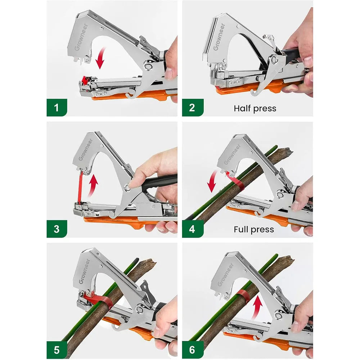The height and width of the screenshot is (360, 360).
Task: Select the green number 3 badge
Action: [x=57, y=229]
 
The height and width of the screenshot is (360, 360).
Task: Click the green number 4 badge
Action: [x=192, y=229]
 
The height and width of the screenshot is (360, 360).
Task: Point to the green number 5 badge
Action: [x=57, y=349]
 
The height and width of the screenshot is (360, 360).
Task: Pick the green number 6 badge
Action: [x=192, y=349]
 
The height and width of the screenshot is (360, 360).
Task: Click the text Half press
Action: [x=255, y=108]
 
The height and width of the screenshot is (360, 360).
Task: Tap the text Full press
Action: [x=254, y=229]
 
